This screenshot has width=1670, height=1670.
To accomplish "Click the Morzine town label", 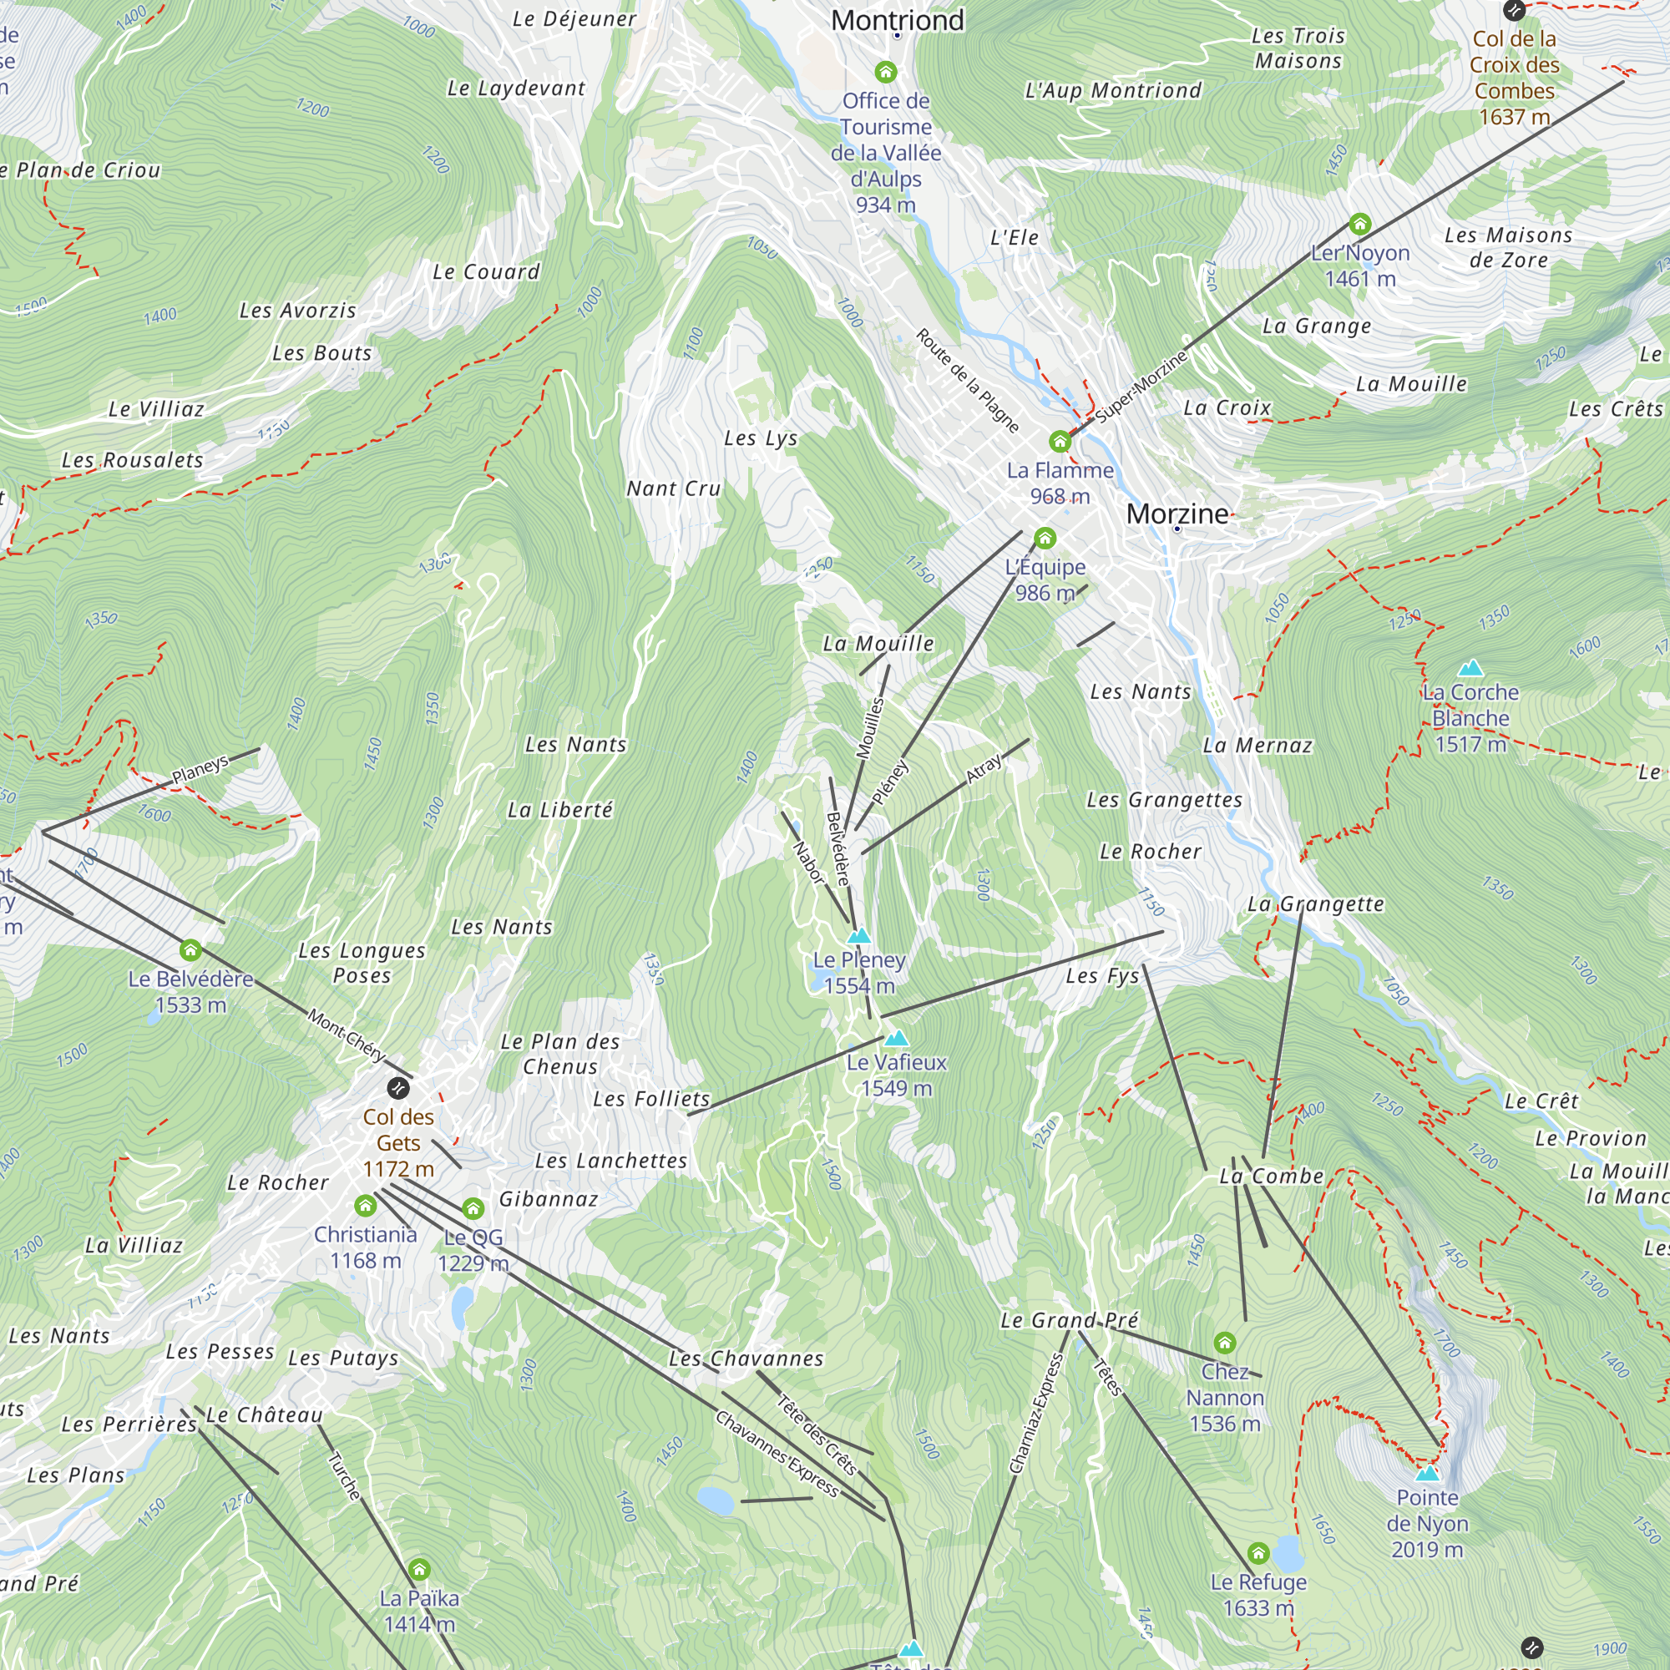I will coord(1177,514).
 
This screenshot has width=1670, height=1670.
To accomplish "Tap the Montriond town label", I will coord(898,20).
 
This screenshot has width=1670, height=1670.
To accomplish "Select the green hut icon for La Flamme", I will coord(1060,442).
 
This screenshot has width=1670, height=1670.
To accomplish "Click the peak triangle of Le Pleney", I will coord(858,936).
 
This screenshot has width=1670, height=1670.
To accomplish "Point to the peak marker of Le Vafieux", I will coord(896,1038).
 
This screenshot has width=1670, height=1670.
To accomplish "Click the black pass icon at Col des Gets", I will coord(397,1087).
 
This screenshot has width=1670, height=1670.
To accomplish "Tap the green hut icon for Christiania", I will coord(366,1205).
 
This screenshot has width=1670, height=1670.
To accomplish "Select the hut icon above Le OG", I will coord(473,1207).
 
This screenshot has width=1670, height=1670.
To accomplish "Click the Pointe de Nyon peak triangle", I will coord(1427,1473).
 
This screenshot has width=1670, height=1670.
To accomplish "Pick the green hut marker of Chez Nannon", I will coord(1224,1343).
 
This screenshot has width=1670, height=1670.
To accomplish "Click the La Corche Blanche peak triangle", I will coord(1470,668).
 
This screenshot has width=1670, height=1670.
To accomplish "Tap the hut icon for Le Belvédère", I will coord(190,951).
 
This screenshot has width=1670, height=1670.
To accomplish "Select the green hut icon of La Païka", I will coord(419,1569).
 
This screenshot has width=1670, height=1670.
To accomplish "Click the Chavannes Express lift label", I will coord(777,1453).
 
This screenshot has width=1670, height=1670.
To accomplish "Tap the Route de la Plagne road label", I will coord(967,380).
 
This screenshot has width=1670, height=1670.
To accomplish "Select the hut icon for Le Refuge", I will coord(1258,1553).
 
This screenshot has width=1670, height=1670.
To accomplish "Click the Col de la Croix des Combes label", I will coord(1515,77).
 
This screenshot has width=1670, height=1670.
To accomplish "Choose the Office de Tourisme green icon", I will coord(885,72).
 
